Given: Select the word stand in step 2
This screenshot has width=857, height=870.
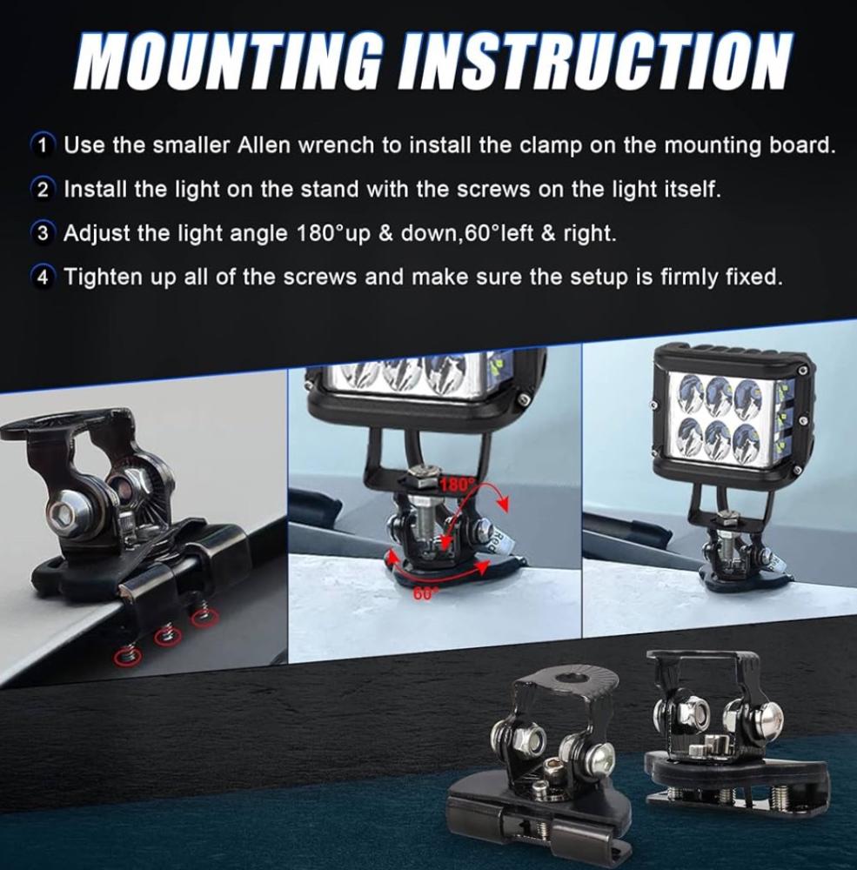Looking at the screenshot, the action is [x=326, y=189].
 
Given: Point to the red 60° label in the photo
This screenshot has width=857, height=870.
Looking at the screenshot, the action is [x=424, y=593].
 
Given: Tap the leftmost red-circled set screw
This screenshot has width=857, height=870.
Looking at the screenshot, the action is [x=127, y=656].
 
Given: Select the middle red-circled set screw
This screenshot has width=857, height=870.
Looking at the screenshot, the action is [x=164, y=637].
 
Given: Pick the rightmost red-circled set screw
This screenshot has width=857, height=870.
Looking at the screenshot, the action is [x=203, y=616].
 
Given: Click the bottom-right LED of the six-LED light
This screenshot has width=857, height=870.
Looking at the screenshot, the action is [x=746, y=437].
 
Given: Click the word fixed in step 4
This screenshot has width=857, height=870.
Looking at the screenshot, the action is [x=753, y=276].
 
